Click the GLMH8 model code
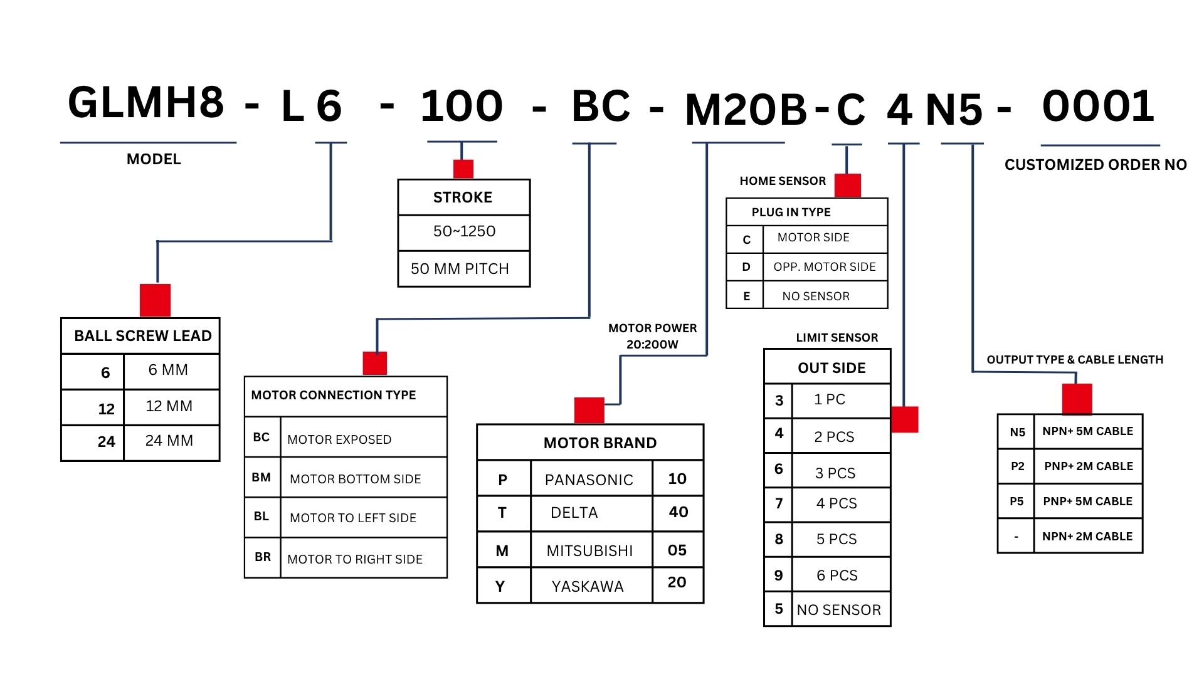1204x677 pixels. click(146, 103)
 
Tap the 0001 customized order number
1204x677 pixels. click(1098, 107)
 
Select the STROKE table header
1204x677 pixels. click(463, 197)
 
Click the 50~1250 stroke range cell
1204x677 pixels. click(464, 231)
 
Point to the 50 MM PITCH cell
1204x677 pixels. click(460, 269)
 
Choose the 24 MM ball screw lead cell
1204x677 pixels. click(169, 441)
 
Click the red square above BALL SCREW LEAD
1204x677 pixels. click(155, 300)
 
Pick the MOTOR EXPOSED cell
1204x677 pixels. click(339, 439)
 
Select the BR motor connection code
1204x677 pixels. click(263, 557)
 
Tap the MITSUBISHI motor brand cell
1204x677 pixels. click(589, 550)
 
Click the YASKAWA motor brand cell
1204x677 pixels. click(588, 586)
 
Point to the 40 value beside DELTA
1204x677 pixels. click(679, 512)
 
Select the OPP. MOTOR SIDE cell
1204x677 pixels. click(825, 267)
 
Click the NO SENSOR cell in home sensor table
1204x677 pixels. click(816, 296)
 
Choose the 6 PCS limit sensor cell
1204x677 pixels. click(837, 575)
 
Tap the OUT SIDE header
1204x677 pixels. click(832, 368)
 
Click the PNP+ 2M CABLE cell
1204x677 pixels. click(1089, 466)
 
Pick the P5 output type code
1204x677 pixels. click(1017, 501)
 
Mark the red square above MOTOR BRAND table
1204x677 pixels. click(589, 410)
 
